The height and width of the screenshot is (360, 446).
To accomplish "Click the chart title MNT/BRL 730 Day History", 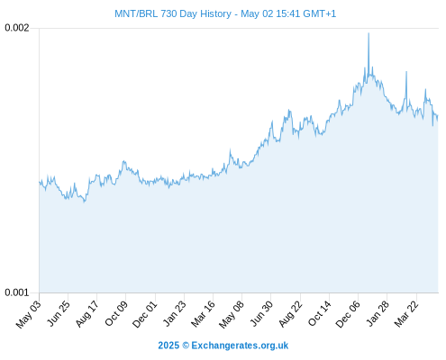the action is pyautogui.click(x=173, y=13).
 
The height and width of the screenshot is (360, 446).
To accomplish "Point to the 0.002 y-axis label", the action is pyautogui.click(x=17, y=28).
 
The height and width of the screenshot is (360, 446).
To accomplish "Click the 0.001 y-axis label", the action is pyautogui.click(x=17, y=292).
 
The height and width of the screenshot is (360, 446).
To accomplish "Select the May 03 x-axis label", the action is pyautogui.click(x=28, y=314).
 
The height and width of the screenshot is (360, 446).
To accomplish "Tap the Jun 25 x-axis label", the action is pyautogui.click(x=59, y=313).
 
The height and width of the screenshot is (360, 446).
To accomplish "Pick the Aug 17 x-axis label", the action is pyautogui.click(x=87, y=314).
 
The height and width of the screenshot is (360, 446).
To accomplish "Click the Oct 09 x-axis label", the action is pyautogui.click(x=116, y=313).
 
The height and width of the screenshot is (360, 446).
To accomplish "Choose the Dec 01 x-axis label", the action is pyautogui.click(x=145, y=314).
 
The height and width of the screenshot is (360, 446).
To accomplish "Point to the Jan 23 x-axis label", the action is pyautogui.click(x=174, y=313).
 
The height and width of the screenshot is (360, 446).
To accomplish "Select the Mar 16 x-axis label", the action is pyautogui.click(x=203, y=314).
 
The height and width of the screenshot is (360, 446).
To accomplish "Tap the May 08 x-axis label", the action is pyautogui.click(x=232, y=314).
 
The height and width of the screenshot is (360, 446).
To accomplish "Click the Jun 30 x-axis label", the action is pyautogui.click(x=261, y=313).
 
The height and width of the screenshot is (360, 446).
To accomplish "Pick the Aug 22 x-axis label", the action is pyautogui.click(x=290, y=314).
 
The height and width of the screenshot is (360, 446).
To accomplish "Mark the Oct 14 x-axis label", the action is pyautogui.click(x=320, y=313).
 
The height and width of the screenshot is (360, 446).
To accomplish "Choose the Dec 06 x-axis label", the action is pyautogui.click(x=348, y=314).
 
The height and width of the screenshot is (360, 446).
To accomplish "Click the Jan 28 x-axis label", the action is pyautogui.click(x=378, y=313).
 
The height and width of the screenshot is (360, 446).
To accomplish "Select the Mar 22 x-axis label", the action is pyautogui.click(x=406, y=314).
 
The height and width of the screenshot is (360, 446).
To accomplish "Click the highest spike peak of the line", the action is pyautogui.click(x=369, y=33).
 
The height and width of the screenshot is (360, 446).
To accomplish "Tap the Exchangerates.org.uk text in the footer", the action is pyautogui.click(x=240, y=346).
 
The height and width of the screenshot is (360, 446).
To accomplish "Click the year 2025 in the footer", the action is pyautogui.click(x=168, y=346).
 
